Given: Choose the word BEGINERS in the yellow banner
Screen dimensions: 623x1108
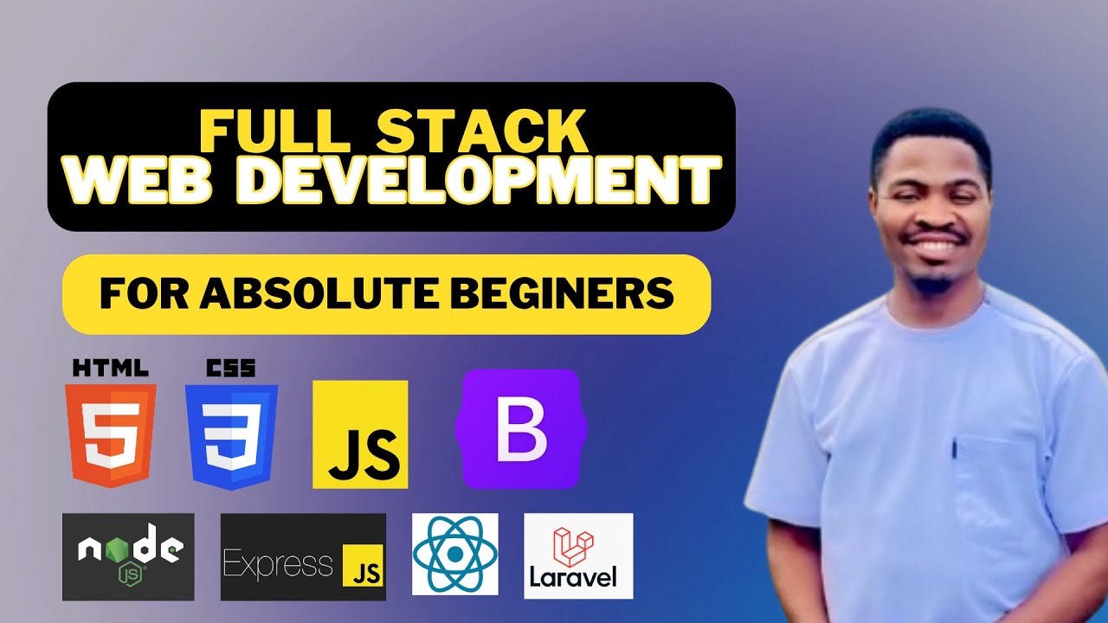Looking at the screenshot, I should point(568,294).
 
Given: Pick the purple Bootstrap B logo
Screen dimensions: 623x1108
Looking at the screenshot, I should point(520,428).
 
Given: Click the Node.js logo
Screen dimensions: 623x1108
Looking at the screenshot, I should point(128,555).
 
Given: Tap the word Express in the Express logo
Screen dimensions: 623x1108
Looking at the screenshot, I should point(278,565).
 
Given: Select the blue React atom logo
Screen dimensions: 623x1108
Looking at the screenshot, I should point(454,554).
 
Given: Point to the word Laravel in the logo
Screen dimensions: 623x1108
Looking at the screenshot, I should point(577,576).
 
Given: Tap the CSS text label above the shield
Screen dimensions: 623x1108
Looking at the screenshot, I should point(230,368).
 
